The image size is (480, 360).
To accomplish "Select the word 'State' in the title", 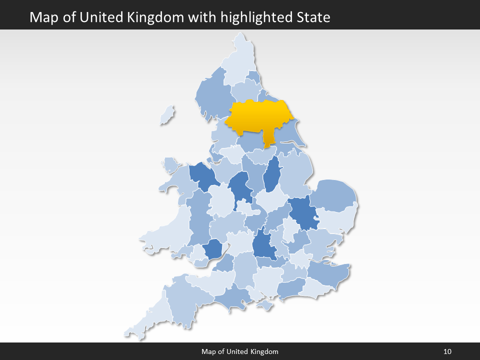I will (313, 17).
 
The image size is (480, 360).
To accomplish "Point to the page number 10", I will (447, 351).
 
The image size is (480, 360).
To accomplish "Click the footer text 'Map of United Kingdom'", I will (240, 351).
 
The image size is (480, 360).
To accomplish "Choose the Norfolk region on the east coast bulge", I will (333, 195).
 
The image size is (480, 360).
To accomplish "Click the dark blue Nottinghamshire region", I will (271, 175).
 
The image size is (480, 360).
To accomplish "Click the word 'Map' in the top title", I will (41, 17).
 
